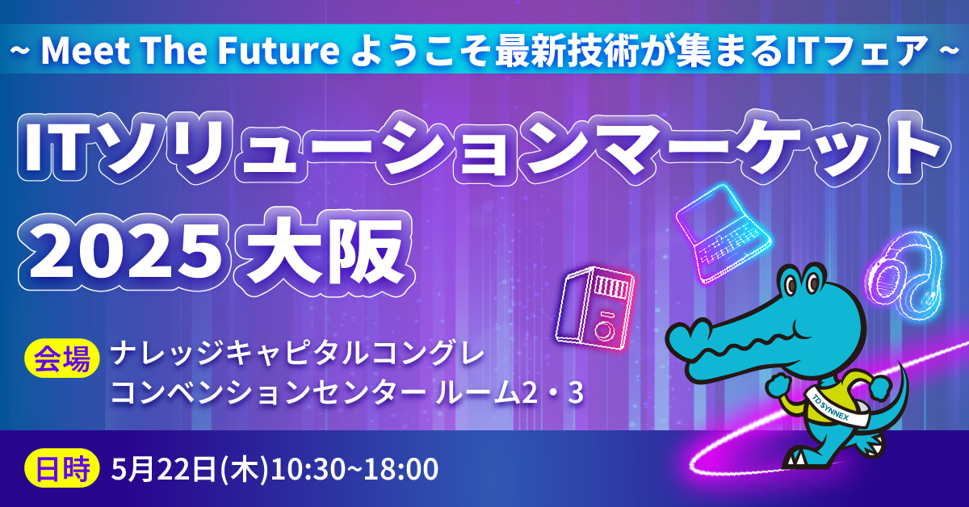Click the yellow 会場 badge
[63, 358]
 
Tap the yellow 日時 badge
[63, 468]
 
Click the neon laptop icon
[722, 233]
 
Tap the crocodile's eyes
[801, 284]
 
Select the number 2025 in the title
[120, 251]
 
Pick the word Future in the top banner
[278, 50]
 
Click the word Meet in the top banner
[86, 50]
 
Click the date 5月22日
[163, 469]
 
